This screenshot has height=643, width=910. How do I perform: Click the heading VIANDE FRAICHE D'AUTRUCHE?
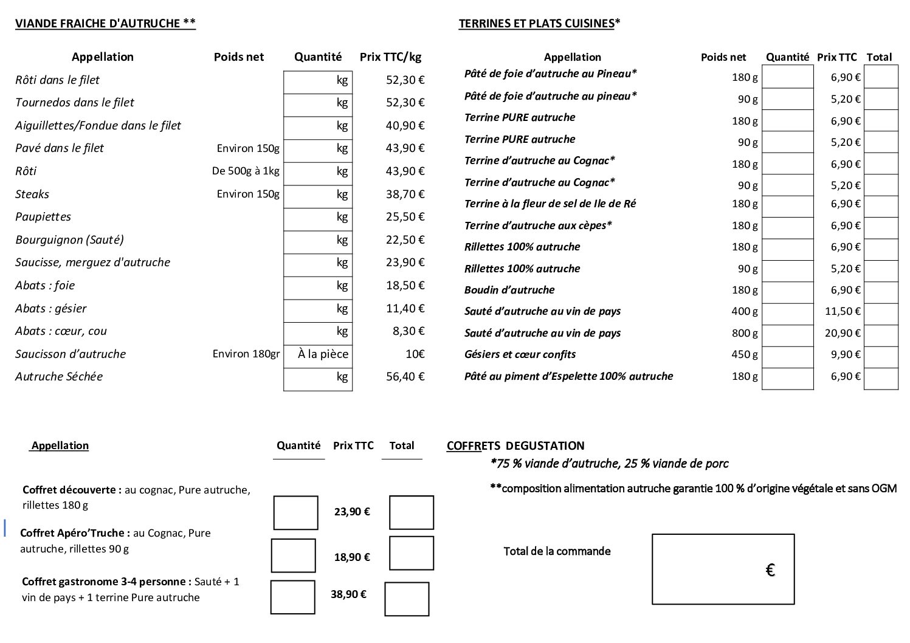[x=105, y=24]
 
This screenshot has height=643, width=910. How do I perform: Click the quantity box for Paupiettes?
[x=317, y=218]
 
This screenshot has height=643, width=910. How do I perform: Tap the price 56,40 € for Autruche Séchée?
[x=405, y=377]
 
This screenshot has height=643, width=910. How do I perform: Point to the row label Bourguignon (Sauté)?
[x=69, y=240]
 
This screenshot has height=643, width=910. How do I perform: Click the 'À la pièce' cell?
[x=323, y=354]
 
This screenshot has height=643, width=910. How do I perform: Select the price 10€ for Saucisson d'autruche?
[x=415, y=354]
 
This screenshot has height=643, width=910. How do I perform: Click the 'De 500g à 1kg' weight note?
[x=246, y=171]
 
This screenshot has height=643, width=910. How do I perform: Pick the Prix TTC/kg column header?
[x=390, y=57]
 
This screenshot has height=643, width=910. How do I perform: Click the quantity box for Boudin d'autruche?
[x=787, y=291]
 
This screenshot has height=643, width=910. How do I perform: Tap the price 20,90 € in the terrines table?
[x=843, y=333]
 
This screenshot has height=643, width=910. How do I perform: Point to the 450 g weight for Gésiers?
[x=745, y=354]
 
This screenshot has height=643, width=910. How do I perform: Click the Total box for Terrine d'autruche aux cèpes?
[x=880, y=226]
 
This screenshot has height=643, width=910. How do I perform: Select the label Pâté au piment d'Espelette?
[x=568, y=376]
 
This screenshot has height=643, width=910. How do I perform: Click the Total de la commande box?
[x=723, y=569]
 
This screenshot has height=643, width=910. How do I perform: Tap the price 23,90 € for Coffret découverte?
[x=352, y=512]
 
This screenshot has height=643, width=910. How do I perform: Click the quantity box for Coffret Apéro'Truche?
[x=294, y=555]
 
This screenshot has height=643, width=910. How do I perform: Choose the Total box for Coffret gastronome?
[x=407, y=599]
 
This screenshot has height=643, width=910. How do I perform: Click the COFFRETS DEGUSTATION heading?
[x=515, y=445]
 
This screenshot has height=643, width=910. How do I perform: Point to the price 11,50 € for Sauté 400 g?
[x=843, y=312]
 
